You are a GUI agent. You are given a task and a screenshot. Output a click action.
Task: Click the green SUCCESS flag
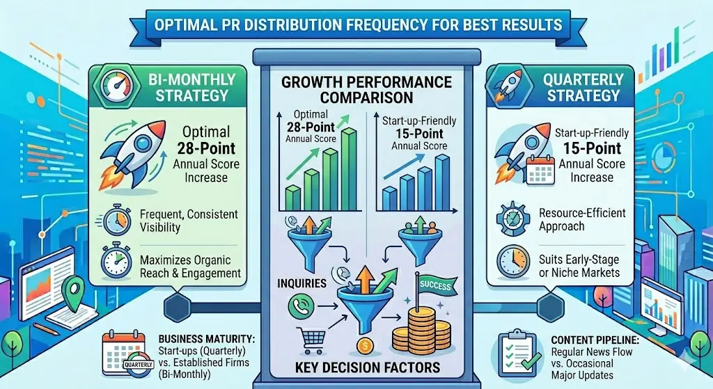coord(435,285)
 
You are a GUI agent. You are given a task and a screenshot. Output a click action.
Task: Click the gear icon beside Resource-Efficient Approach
coord(512,219)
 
